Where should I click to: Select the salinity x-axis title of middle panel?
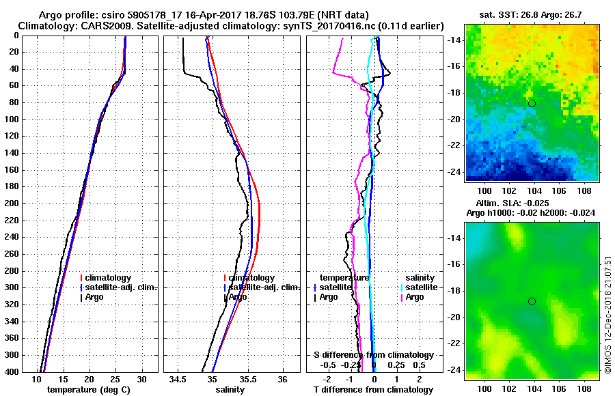coord(229,389)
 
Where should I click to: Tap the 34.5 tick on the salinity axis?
coord(178,378)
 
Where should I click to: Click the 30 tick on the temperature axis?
coord(142,378)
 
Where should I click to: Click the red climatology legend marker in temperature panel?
coord(81,278)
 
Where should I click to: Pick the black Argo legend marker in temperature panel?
coord(81,297)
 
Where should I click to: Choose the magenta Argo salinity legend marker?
coord(402,297)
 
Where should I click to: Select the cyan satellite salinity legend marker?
coord(402,287)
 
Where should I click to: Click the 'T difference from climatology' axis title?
coord(372,389)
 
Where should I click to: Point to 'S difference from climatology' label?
coord(373,355)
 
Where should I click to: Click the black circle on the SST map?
coord(532,103)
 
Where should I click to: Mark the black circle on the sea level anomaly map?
coord(532,301)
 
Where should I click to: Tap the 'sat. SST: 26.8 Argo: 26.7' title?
coord(532,14)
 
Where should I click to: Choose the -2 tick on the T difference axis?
coord(330,378)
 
